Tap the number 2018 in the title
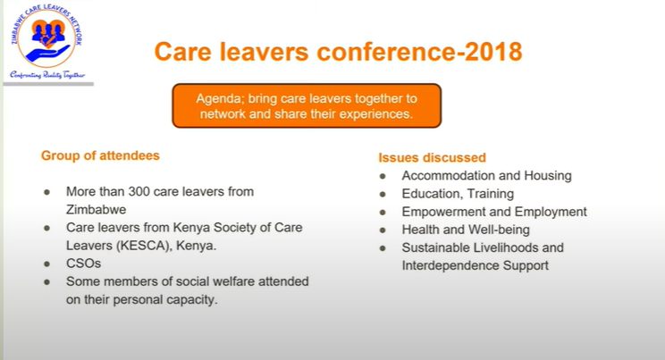(493, 52)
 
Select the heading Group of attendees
(100, 155)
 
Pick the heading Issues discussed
(433, 158)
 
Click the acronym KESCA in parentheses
(142, 246)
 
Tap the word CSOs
(83, 264)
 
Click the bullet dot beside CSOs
(47, 264)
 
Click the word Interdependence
(450, 266)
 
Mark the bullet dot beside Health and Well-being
(383, 230)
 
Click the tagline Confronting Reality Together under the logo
(47, 75)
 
